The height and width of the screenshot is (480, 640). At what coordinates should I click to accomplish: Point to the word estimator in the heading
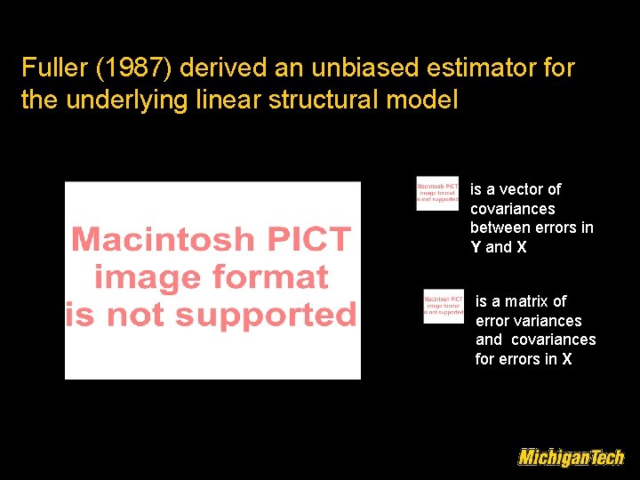tap(481, 68)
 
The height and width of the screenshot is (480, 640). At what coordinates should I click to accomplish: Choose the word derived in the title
tap(210, 68)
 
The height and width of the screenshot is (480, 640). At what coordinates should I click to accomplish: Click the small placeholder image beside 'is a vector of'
tap(437, 193)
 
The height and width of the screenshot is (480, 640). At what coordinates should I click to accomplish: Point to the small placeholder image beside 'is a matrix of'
tap(444, 307)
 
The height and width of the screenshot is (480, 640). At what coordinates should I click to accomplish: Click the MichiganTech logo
tap(571, 458)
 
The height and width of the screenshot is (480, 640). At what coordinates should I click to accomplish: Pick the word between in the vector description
tap(498, 228)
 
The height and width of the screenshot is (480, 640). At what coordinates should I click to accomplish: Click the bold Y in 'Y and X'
tap(476, 248)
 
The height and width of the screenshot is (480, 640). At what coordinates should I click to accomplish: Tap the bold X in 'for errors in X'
tap(566, 360)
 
